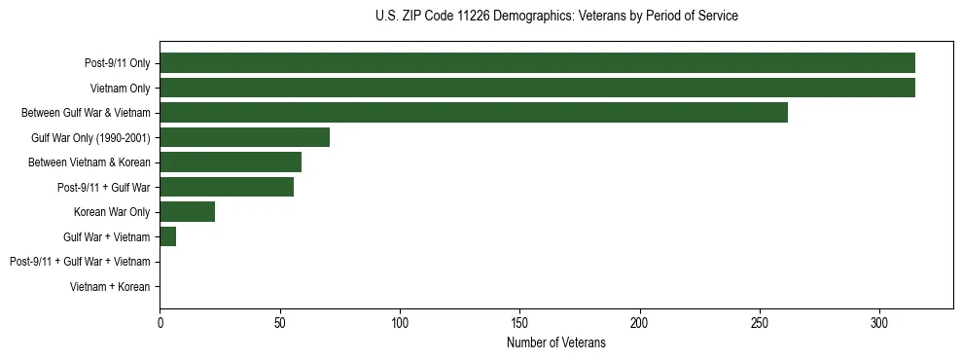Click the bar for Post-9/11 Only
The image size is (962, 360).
(537, 63)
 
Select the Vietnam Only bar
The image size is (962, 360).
(537, 88)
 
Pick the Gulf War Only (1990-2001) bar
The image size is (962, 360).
(245, 137)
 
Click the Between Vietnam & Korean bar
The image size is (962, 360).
(231, 162)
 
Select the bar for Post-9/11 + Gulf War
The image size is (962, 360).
(227, 187)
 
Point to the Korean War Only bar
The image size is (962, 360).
(188, 211)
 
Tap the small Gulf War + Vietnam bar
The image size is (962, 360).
(168, 236)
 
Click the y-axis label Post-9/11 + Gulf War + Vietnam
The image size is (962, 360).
(80, 262)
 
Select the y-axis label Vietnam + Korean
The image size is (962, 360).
(110, 287)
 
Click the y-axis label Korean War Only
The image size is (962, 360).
(112, 212)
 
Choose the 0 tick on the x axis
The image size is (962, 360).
(160, 322)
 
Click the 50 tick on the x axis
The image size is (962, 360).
(280, 322)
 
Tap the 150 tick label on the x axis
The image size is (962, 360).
(519, 322)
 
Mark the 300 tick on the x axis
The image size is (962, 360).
(879, 322)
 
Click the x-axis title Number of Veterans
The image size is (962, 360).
(556, 342)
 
